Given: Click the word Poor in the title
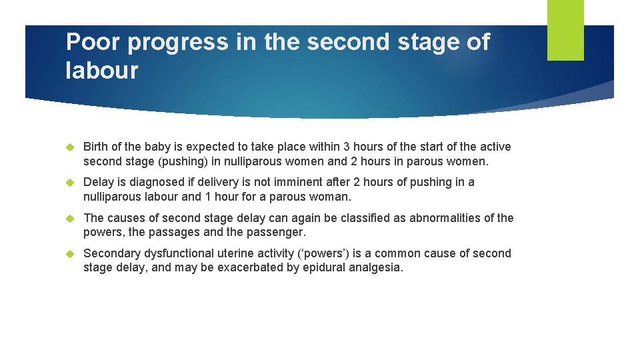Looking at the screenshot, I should (x=93, y=42).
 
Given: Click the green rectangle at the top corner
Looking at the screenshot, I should (x=565, y=30).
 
